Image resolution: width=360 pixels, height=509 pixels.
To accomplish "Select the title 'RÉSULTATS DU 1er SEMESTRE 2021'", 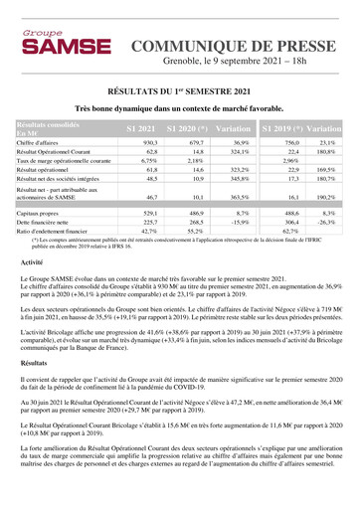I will (180, 88).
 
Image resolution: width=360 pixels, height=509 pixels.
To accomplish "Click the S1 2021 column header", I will (141, 130).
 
